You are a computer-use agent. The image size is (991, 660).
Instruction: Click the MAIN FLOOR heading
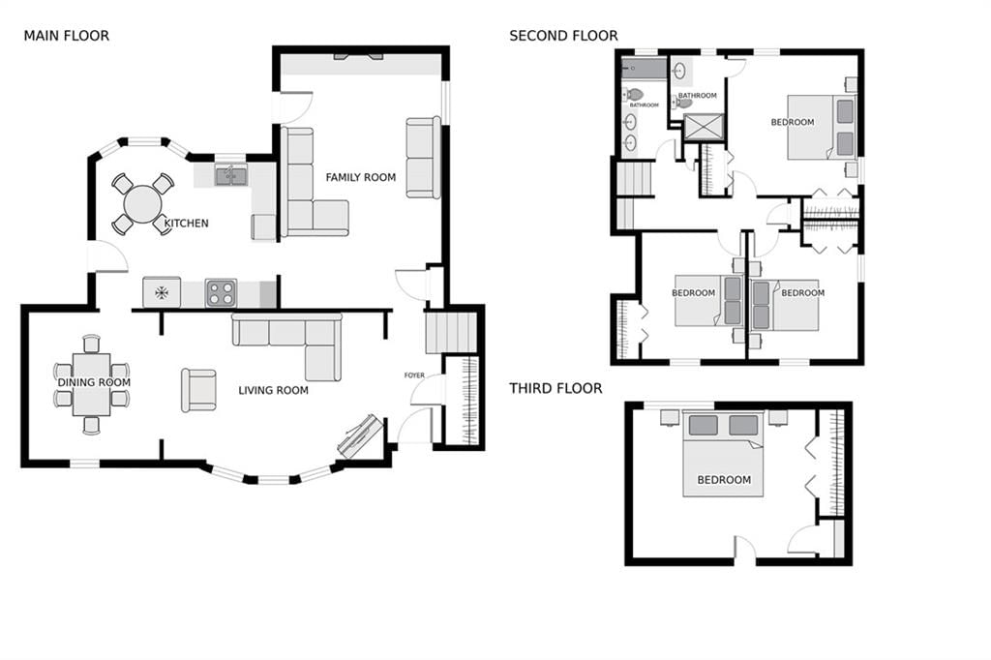67,36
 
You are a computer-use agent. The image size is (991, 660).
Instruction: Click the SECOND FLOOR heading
564,36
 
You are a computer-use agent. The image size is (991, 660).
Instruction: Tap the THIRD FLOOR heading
556,388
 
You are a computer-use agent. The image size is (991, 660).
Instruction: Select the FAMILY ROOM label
361,178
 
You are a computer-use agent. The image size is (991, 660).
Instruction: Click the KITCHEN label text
187,224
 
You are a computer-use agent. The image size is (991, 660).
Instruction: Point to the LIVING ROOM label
274,391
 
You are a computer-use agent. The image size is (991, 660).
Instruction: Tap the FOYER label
414,375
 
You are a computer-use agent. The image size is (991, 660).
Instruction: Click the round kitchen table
143,204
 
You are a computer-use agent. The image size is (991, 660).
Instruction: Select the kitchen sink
231,175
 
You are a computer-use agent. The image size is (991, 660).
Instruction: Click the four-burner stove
222,293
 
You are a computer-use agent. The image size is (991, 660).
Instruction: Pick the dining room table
92,384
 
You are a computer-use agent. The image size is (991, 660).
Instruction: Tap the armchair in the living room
199,391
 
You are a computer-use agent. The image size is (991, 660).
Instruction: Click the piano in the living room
360,436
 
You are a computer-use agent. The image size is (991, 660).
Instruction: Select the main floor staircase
451,333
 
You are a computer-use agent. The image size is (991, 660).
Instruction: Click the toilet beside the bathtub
633,95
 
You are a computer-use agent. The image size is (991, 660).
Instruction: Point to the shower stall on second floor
703,127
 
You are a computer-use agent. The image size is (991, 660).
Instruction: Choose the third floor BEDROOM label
724,480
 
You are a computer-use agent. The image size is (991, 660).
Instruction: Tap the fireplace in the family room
358,57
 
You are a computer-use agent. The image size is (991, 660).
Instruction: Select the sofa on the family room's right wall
424,158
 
